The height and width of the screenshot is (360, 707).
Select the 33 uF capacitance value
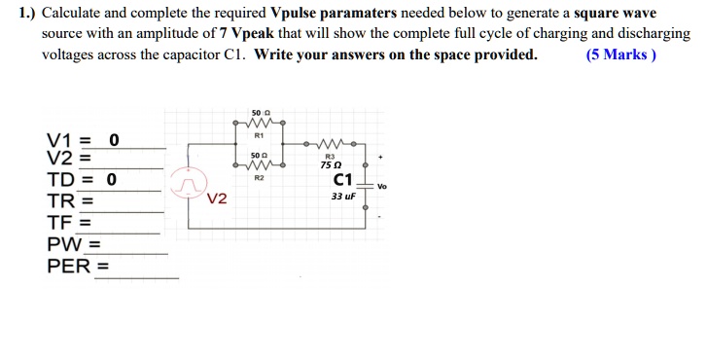pyautogui.click(x=343, y=196)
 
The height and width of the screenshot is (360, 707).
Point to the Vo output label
pyautogui.click(x=381, y=186)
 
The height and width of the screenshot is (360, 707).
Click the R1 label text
pyautogui.click(x=259, y=137)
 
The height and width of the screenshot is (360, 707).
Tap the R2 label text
pyautogui.click(x=259, y=179)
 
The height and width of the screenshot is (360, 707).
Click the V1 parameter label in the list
pyautogui.click(x=58, y=139)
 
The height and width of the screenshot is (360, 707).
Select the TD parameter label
pyautogui.click(x=60, y=180)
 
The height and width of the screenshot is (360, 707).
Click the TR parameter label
pyautogui.click(x=60, y=202)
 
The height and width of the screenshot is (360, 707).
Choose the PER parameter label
pyautogui.click(x=67, y=266)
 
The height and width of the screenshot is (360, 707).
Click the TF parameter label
pyautogui.click(x=59, y=223)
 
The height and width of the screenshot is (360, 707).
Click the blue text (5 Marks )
pyautogui.click(x=621, y=54)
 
